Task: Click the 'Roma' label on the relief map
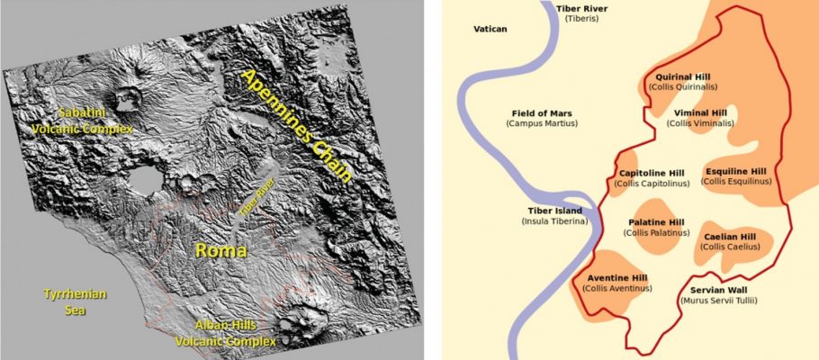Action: point(221,248)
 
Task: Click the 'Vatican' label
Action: point(490,29)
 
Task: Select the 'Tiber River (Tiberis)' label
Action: point(582,13)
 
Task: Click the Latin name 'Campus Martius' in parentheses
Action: point(542,122)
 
